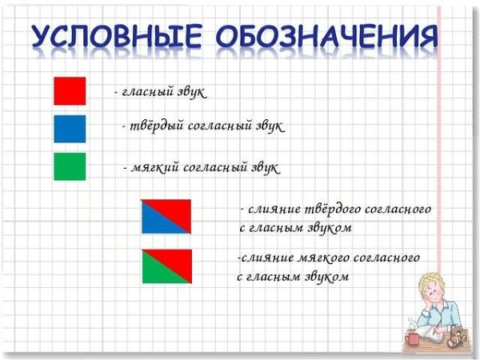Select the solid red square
click(x=70, y=90)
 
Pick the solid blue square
click(x=70, y=128)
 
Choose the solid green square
click(x=70, y=166)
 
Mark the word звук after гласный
click(x=190, y=93)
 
